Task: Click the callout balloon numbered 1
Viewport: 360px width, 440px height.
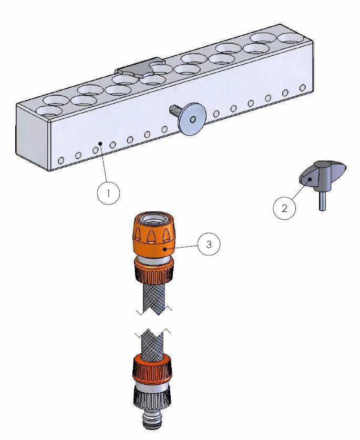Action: pyautogui.click(x=108, y=193)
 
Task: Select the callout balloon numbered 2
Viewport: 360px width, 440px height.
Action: pyautogui.click(x=284, y=208)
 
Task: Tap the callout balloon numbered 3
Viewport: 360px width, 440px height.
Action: pyautogui.click(x=209, y=244)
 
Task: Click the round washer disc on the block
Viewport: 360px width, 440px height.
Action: pyautogui.click(x=192, y=118)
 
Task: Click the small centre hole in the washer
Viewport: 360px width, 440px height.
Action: pyautogui.click(x=193, y=119)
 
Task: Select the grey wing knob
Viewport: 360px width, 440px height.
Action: pyautogui.click(x=322, y=174)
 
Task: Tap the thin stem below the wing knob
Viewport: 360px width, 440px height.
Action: pyautogui.click(x=322, y=200)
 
